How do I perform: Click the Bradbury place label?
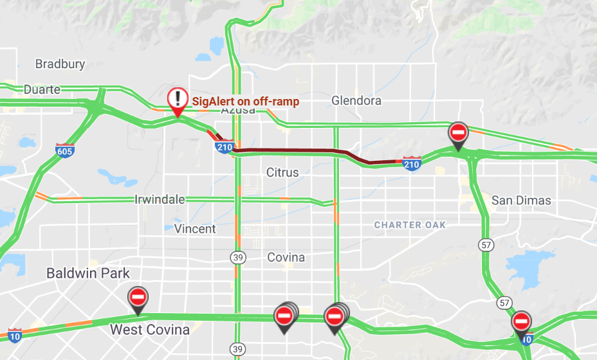tap(60, 64)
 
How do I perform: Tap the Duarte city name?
tap(42, 89)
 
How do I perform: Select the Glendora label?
tap(356, 100)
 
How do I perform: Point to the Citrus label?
tap(282, 172)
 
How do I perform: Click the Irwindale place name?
tap(160, 199)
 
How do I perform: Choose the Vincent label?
tap(195, 229)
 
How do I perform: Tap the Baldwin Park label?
tap(88, 273)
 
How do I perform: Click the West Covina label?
tap(150, 330)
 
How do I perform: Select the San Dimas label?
tap(521, 200)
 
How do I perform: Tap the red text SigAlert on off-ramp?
tap(246, 102)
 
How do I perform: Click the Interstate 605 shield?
tap(64, 150)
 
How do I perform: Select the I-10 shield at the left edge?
tap(14, 334)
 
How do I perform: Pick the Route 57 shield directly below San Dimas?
tap(487, 244)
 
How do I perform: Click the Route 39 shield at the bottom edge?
tap(237, 348)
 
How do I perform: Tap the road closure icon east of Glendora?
tap(457, 133)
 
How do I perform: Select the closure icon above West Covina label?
tap(138, 297)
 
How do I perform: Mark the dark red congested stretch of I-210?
tap(296, 151)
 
